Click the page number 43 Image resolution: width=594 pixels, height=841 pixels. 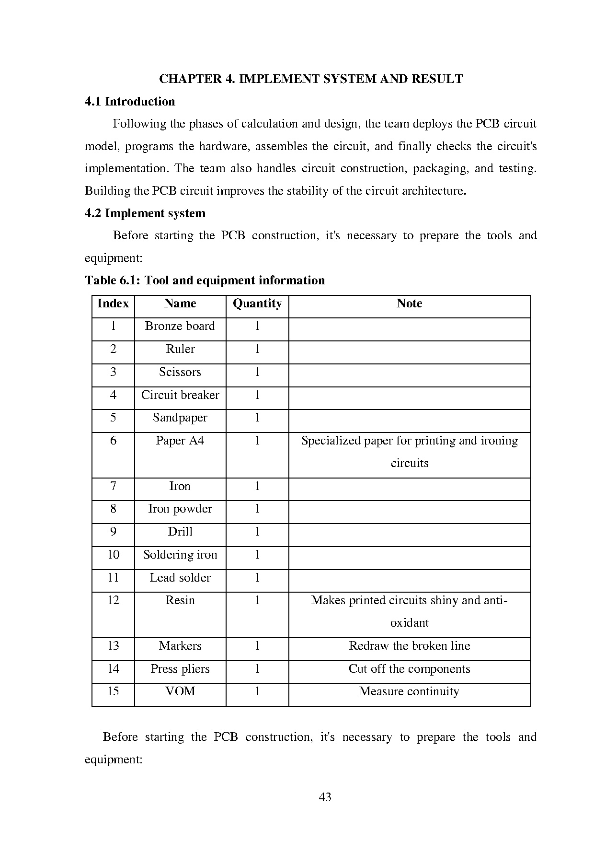pyautogui.click(x=325, y=797)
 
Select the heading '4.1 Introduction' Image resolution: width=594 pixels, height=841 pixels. pyautogui.click(x=130, y=102)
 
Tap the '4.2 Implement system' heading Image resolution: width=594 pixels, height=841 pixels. pyautogui.click(x=145, y=213)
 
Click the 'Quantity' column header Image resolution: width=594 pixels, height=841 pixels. pyautogui.click(x=257, y=304)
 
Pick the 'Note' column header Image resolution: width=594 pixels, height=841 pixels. pyautogui.click(x=409, y=304)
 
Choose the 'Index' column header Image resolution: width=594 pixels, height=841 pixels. pyautogui.click(x=113, y=304)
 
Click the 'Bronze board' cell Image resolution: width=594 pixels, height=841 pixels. pyautogui.click(x=180, y=326)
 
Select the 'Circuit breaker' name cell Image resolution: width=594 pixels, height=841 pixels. pyautogui.click(x=180, y=395)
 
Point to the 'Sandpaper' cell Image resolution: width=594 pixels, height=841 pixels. pyautogui.click(x=180, y=418)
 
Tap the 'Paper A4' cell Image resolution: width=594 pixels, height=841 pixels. pyautogui.click(x=180, y=441)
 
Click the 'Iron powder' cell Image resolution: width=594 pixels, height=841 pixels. pyautogui.click(x=180, y=509)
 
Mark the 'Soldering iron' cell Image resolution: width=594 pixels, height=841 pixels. pyautogui.click(x=180, y=555)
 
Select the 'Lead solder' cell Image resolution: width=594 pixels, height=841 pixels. pyautogui.click(x=180, y=578)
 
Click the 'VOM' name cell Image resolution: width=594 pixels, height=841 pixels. pyautogui.click(x=180, y=691)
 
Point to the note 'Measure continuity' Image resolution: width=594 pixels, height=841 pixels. pyautogui.click(x=409, y=691)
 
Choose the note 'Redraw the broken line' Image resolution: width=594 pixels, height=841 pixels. pyautogui.click(x=409, y=646)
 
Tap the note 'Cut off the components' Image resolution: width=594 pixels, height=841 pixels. pyautogui.click(x=409, y=669)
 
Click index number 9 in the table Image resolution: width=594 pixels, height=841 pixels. pyautogui.click(x=113, y=532)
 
